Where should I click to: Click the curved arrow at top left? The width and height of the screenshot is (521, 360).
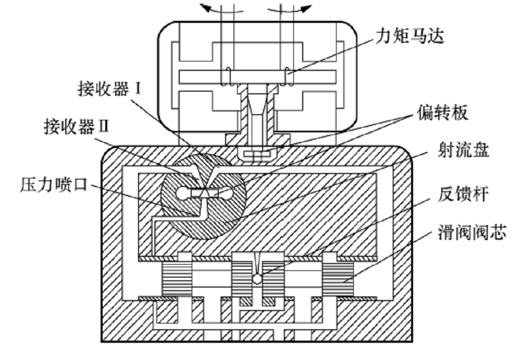coord(211,8)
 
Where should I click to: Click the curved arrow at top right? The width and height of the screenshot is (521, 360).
coord(302,8)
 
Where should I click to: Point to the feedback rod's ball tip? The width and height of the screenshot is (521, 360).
coord(258,279)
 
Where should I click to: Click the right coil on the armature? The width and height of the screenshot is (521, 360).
coord(289,77)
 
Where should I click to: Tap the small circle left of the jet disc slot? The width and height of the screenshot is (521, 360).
coord(182,193)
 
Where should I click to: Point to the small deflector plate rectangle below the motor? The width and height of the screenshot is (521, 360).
coord(258,154)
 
